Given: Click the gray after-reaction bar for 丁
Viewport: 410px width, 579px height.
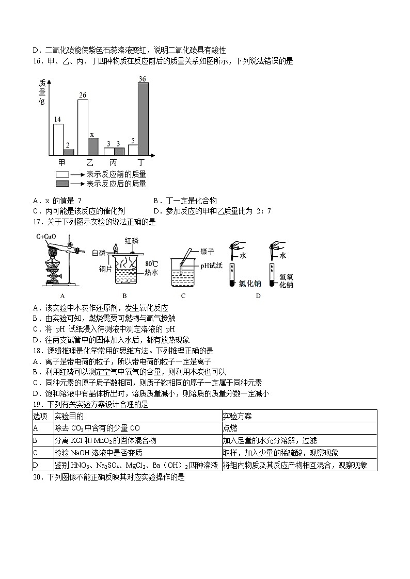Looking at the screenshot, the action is [x=143, y=119].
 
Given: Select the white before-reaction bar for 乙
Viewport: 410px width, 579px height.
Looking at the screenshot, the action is [x=83, y=127].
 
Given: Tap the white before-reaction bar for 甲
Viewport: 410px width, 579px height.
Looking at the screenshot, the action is [x=58, y=139].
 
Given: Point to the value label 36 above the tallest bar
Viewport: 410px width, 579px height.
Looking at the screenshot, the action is [x=143, y=78].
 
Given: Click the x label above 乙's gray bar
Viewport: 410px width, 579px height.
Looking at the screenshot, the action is [x=92, y=135].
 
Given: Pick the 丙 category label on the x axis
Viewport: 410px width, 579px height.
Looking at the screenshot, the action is [x=113, y=162].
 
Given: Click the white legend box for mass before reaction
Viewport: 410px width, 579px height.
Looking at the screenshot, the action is [x=62, y=174].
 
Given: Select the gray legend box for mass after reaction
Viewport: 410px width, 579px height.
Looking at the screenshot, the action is [x=62, y=184].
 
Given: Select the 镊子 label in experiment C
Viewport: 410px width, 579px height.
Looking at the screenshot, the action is [x=207, y=251].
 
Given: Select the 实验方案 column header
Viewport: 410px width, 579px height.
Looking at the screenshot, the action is [x=237, y=416].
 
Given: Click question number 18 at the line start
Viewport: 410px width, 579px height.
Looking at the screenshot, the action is [x=37, y=350].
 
